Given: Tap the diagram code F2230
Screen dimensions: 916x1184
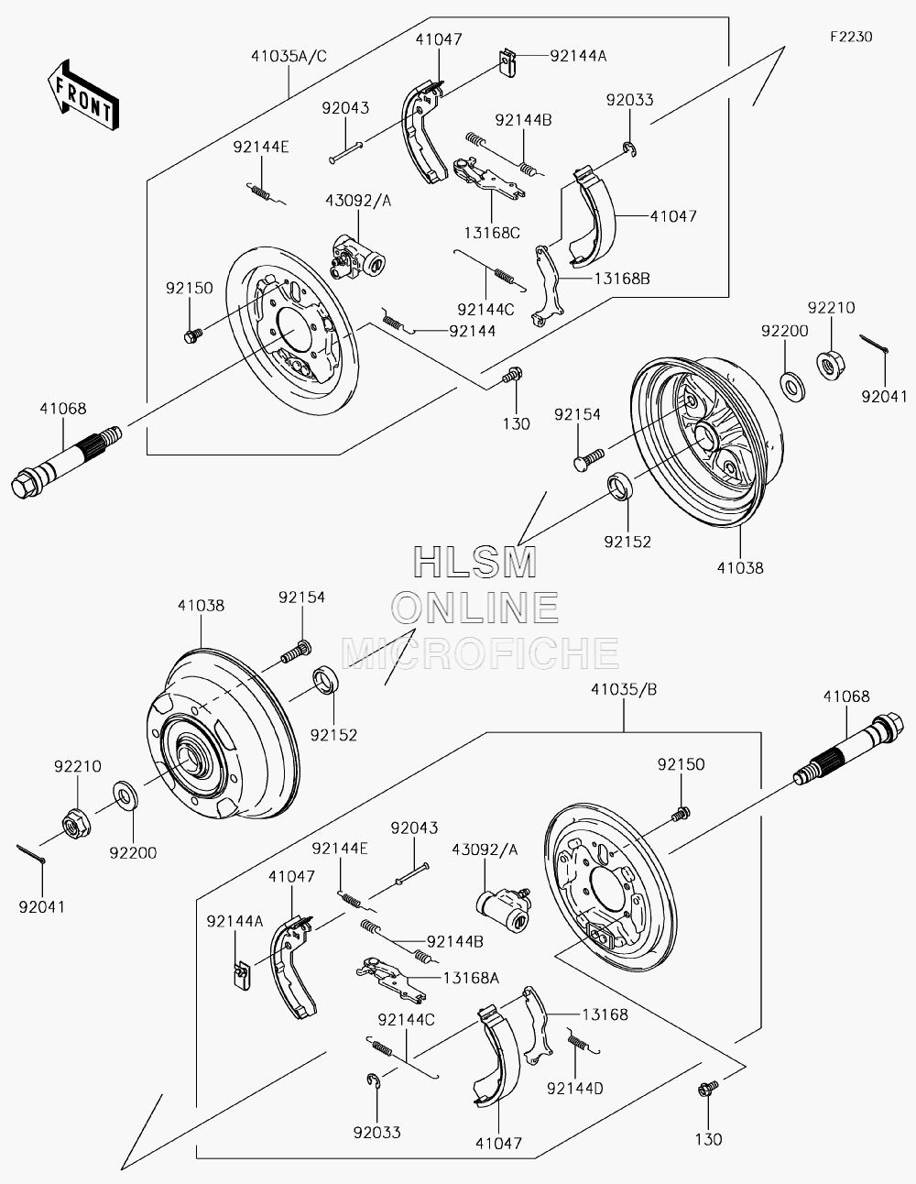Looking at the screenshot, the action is pos(851,37).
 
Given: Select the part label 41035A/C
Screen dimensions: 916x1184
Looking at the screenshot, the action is pos(289,56).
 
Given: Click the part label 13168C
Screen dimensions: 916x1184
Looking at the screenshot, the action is pos(492,233).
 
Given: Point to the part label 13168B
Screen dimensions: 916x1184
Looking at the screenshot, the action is pos(621,279).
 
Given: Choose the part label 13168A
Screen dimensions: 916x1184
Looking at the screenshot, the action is pos(471,978).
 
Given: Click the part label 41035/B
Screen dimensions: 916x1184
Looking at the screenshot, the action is pos(624,689).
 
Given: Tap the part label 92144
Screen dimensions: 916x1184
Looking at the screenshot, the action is pos(472,331).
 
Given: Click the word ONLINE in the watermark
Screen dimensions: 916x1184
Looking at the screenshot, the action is pos(474,608).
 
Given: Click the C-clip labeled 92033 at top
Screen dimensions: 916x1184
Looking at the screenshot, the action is pos(630,148).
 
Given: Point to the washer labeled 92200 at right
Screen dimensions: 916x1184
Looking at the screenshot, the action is pos(793,387).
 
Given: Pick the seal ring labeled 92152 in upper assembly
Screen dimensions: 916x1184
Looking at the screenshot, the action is pos(620,485).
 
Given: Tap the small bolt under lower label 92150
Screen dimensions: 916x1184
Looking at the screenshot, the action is pos(681,814).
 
